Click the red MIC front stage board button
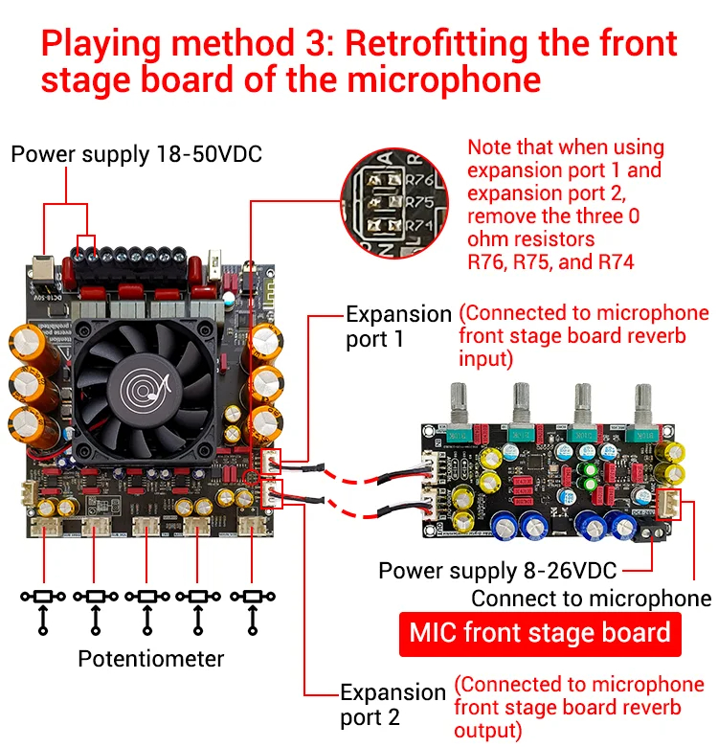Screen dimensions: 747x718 pyautogui.click(x=540, y=633)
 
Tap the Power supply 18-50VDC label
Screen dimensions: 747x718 pyautogui.click(x=136, y=154)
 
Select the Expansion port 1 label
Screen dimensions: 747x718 pyautogui.click(x=398, y=327)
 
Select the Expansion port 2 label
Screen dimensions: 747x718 pyautogui.click(x=393, y=704)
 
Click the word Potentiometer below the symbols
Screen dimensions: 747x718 pyautogui.click(x=150, y=659)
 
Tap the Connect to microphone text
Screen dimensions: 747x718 pyautogui.click(x=591, y=599)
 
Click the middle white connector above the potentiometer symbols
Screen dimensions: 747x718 pyautogui.click(x=146, y=526)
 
